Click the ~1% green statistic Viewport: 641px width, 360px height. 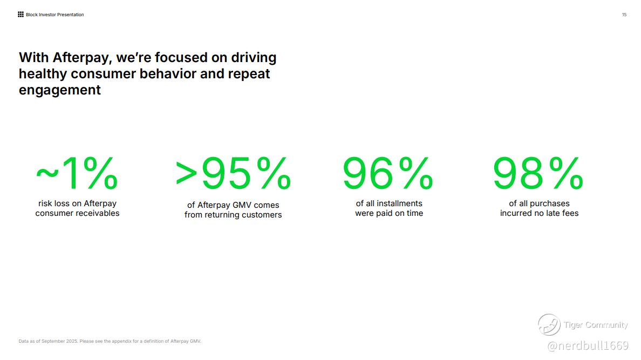[77, 173]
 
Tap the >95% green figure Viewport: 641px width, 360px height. [233, 173]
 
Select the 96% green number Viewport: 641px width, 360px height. [388, 173]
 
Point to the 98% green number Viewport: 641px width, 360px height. [538, 173]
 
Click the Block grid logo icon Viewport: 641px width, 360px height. [21, 15]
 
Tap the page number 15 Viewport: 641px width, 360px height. [624, 15]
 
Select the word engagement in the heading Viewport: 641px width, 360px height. [60, 90]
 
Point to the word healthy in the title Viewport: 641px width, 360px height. [43, 73]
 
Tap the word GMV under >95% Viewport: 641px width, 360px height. [242, 205]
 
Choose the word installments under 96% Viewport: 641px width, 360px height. [399, 203]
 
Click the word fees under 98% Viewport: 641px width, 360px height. [570, 213]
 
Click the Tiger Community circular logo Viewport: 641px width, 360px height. [549, 325]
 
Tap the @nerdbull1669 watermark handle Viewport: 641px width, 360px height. [588, 345]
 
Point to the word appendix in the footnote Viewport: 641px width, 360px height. [121, 341]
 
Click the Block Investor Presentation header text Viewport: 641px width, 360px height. [55, 15]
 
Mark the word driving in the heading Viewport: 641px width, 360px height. [254, 58]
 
